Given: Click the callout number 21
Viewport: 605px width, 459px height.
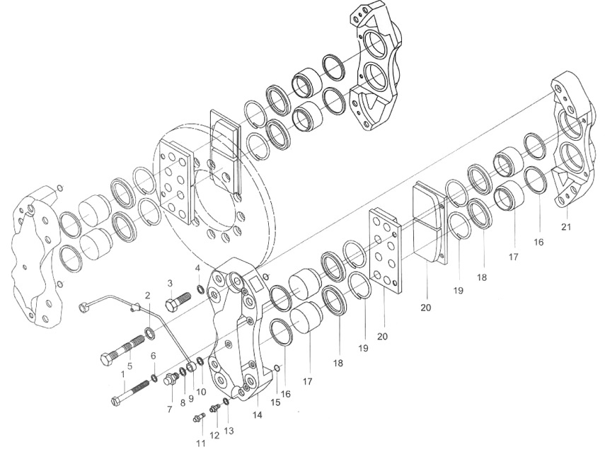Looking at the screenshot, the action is click(x=565, y=227).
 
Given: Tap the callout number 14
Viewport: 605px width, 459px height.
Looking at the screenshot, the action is click(x=258, y=415).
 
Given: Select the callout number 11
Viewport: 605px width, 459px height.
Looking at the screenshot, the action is click(x=201, y=443).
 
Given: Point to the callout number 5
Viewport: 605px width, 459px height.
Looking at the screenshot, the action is click(x=129, y=366).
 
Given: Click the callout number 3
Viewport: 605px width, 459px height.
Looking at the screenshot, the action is click(x=170, y=283).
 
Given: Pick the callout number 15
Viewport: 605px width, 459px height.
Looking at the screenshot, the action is click(x=275, y=402).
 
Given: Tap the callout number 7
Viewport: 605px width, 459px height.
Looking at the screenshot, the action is click(x=170, y=409).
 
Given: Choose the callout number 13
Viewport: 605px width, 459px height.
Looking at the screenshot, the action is click(x=229, y=431).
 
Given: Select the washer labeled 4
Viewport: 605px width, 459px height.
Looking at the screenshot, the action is click(x=201, y=288).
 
